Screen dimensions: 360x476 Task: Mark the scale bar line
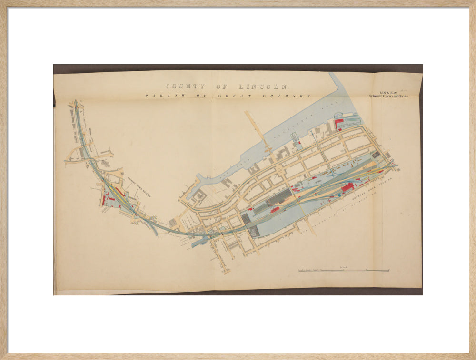coord(344,271)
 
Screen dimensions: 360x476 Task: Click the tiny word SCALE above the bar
coord(344,268)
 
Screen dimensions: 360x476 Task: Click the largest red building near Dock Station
coord(347,187)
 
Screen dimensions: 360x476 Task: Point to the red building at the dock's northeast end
coord(339,125)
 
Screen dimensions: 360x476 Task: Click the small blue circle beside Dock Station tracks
coord(339,195)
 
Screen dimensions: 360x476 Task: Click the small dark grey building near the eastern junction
coord(376,155)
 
